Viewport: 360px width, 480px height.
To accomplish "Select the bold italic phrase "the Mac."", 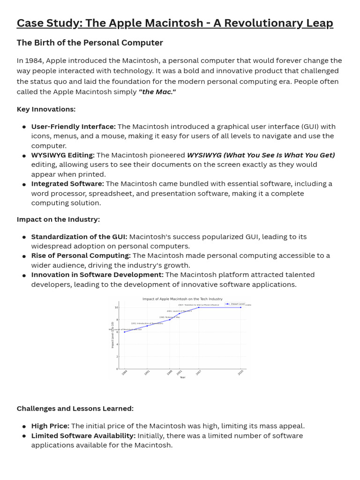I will (x=157, y=92).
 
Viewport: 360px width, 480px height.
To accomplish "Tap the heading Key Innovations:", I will (x=46, y=109).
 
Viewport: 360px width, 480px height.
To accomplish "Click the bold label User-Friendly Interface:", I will (x=73, y=127).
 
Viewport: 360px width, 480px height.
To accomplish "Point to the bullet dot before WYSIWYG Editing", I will (x=24, y=156).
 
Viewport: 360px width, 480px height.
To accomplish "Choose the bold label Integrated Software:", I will (x=67, y=184).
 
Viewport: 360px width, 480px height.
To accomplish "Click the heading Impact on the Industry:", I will (x=58, y=219).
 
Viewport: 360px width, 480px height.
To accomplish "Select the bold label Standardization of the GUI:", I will (x=79, y=237).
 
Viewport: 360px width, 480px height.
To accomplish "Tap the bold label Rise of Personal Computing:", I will (x=81, y=255).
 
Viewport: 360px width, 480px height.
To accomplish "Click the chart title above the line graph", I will (x=182, y=299).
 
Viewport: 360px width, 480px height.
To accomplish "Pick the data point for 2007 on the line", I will (x=199, y=307).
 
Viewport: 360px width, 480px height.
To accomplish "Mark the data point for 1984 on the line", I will (x=124, y=332).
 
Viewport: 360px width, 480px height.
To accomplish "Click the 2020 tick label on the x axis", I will (x=240, y=373).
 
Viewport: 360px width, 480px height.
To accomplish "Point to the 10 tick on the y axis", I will (x=116, y=307).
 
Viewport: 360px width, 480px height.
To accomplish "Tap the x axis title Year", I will (x=182, y=377).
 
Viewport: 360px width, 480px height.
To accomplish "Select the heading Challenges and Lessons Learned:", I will (x=75, y=409).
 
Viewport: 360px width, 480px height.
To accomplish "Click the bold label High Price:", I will (x=50, y=426).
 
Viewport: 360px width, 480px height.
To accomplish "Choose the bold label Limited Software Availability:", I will (x=83, y=435).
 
